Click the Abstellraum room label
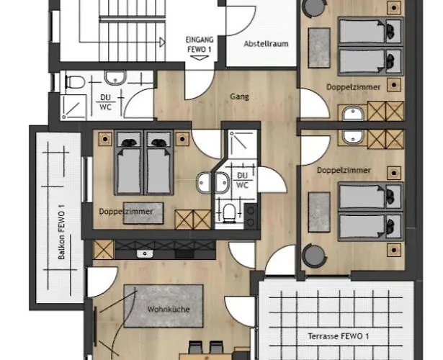click(x=266, y=44)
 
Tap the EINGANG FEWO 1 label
click(x=200, y=45)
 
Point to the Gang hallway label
click(x=240, y=97)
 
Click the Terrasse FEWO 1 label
click(x=338, y=336)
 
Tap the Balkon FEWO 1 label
click(x=61, y=232)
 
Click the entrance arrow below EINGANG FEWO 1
click(x=200, y=58)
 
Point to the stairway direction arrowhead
click(x=162, y=42)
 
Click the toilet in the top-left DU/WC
click(x=75, y=82)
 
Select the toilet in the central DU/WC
click(x=229, y=212)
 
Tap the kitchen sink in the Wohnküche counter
click(x=145, y=254)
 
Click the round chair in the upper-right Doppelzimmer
click(x=313, y=8)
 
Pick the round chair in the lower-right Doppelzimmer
click(x=313, y=256)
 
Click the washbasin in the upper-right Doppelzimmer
click(x=353, y=114)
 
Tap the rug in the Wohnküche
click(x=164, y=306)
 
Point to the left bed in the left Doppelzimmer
click(x=128, y=163)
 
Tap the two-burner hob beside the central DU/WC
click(x=251, y=216)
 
